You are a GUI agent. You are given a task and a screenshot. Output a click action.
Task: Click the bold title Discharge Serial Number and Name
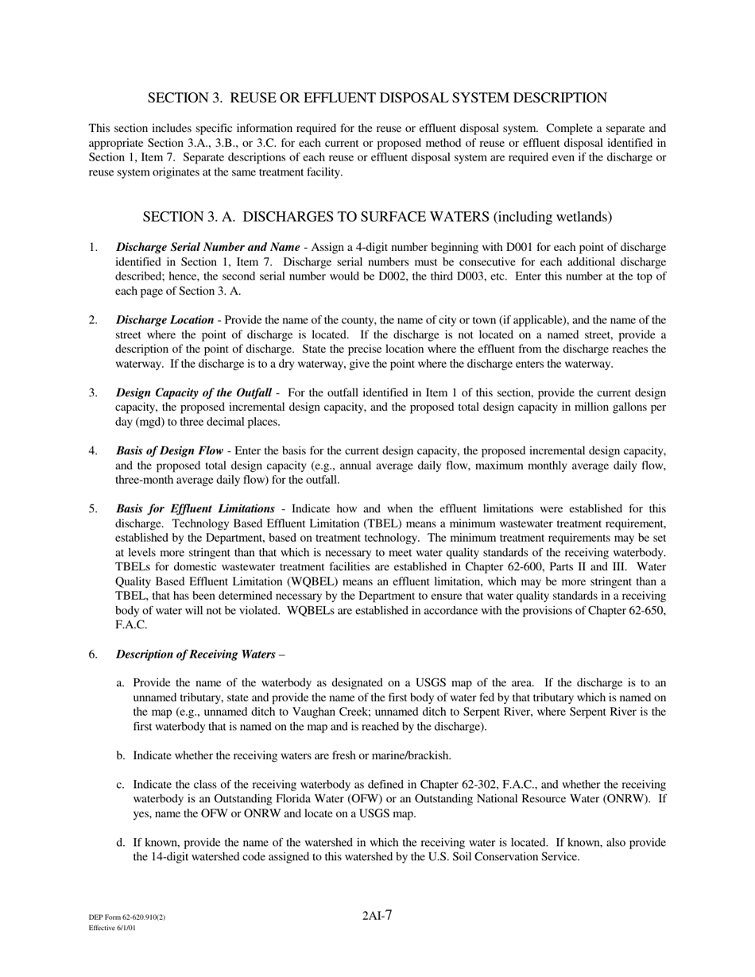[x=207, y=247]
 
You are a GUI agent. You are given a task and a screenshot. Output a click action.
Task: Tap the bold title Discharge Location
[x=165, y=320]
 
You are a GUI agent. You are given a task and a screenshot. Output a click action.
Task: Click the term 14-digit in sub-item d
[x=163, y=857]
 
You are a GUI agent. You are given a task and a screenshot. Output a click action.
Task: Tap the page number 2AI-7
[x=377, y=916]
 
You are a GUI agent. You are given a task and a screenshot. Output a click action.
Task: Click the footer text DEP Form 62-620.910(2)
[x=127, y=917]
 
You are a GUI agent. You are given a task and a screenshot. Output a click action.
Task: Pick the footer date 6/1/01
[x=125, y=928]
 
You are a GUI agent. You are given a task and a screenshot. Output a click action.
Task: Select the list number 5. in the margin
[x=93, y=509]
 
